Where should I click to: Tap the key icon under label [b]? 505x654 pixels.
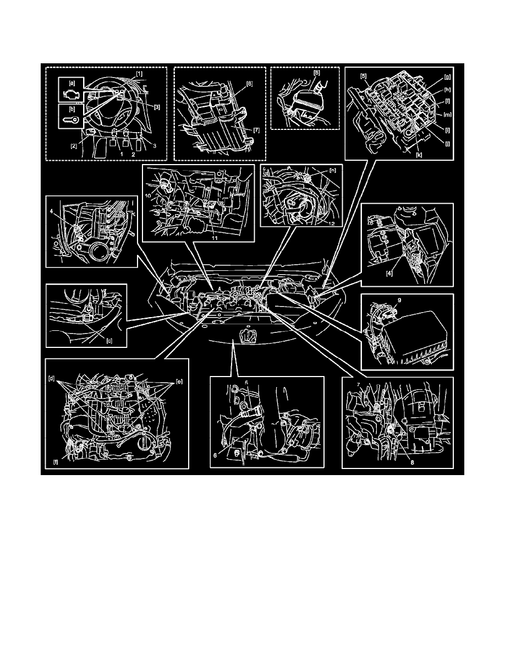72,121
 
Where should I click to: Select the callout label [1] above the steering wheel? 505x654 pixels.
140,73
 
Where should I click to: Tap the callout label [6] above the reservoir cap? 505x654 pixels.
316,73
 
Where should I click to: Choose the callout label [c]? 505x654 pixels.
109,341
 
